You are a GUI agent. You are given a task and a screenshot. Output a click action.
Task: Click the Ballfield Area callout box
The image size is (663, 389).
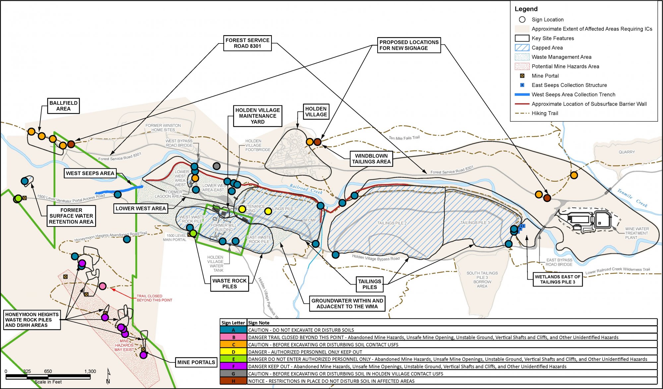click(63, 106)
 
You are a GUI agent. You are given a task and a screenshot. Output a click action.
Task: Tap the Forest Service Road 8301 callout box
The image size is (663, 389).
click(247, 43)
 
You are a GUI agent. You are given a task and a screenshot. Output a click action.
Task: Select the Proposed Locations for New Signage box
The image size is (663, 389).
click(409, 45)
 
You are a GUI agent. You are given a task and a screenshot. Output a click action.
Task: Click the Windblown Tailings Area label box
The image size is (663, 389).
click(371, 159)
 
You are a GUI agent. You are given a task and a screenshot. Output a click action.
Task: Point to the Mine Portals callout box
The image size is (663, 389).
click(196, 362)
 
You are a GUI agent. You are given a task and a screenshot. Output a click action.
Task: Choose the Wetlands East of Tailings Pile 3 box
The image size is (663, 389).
click(558, 279)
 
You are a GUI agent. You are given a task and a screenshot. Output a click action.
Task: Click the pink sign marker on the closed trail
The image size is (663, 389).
click(102, 286)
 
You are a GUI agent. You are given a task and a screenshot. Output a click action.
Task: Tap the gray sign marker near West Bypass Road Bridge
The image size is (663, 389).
click(216, 166)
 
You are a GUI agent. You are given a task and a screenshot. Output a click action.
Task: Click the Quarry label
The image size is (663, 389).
click(627, 152)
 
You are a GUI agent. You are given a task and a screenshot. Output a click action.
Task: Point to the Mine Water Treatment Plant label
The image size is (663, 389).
click(637, 233)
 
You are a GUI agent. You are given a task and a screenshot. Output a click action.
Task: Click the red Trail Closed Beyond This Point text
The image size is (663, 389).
click(154, 298)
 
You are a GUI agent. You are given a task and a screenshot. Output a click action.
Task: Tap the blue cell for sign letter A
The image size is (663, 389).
click(233, 330)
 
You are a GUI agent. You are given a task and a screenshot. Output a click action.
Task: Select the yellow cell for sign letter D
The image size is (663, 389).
click(233, 352)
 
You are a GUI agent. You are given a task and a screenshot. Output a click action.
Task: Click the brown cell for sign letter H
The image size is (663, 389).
click(233, 381)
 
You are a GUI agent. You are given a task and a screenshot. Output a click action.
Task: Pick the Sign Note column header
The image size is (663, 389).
click(259, 323)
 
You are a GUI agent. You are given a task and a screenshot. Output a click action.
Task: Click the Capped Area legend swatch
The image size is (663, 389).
click(522, 48)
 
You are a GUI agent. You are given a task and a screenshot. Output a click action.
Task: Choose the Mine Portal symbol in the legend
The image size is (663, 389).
click(522, 76)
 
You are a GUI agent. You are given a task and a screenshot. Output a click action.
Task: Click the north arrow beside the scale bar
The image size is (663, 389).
click(108, 376)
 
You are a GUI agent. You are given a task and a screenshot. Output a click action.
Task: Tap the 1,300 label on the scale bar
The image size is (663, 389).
click(90, 371)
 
